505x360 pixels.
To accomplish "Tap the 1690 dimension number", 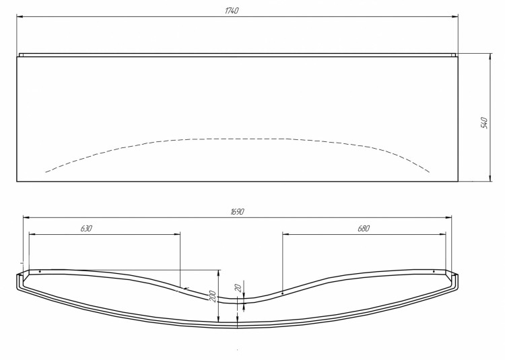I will click(x=236, y=211).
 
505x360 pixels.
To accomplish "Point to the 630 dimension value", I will click(x=86, y=229).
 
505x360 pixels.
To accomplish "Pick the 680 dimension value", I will click(x=364, y=229).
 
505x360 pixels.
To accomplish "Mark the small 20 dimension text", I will click(x=237, y=287).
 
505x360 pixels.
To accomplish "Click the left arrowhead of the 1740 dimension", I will click(x=20, y=17).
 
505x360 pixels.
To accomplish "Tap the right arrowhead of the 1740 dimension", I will click(x=455, y=17).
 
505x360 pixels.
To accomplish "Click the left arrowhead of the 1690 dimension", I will click(x=26, y=217).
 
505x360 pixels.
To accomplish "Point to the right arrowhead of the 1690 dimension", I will click(x=449, y=217).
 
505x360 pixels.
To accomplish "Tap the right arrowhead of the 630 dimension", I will click(x=178, y=234).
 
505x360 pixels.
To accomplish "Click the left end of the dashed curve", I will click(x=46, y=172).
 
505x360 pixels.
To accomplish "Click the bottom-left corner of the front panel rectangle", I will click(x=17, y=181).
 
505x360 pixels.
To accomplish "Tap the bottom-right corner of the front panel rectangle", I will click(x=458, y=181).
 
